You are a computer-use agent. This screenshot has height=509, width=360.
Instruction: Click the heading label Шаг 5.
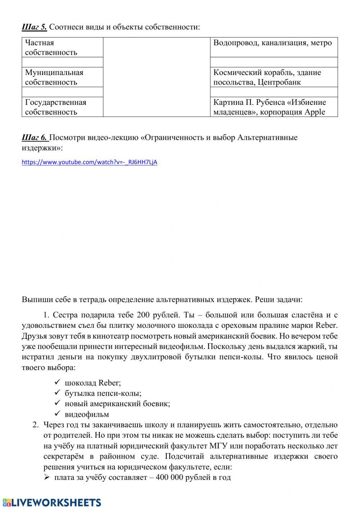click(x=34, y=27)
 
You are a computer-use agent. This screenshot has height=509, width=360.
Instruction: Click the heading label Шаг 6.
click(x=35, y=138)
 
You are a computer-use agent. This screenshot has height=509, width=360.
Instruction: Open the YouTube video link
click(x=89, y=162)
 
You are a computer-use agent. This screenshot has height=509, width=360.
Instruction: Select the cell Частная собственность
click(x=62, y=48)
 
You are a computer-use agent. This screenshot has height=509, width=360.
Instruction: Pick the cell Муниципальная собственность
click(x=62, y=77)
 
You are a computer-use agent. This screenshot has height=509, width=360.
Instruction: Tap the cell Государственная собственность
click(x=62, y=107)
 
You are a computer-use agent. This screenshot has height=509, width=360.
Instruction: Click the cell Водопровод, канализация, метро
click(x=274, y=43)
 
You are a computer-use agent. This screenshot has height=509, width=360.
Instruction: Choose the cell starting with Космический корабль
click(x=274, y=77)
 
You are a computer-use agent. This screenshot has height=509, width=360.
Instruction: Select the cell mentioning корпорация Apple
click(x=274, y=107)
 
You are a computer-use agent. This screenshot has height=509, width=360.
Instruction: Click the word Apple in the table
click(x=315, y=112)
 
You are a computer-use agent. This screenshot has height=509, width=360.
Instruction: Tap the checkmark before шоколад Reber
click(x=57, y=383)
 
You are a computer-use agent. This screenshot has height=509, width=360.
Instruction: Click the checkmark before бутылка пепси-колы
click(x=57, y=393)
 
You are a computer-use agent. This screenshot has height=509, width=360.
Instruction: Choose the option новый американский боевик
click(x=117, y=404)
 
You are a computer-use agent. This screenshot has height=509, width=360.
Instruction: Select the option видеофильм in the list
click(x=87, y=414)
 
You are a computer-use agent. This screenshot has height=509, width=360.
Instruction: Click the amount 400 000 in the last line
click(x=173, y=478)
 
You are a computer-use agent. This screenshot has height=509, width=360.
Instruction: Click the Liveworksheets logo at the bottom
click(x=51, y=502)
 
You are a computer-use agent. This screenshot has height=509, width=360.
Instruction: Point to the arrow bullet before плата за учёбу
click(x=46, y=478)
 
